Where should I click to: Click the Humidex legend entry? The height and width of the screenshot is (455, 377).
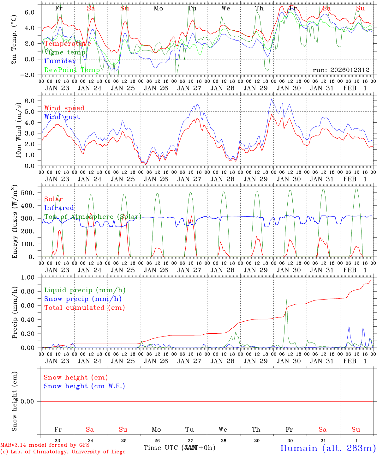coord(60,61)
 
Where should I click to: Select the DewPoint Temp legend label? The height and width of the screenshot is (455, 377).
coord(72,70)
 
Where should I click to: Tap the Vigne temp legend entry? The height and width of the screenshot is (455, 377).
coord(65,52)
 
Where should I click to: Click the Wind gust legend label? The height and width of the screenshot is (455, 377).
coord(62,117)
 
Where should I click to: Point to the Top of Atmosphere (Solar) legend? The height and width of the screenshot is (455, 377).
coord(93,217)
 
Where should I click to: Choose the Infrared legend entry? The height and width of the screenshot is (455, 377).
coord(59,208)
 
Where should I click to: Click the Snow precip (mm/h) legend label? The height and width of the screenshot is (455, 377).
coord(83,299)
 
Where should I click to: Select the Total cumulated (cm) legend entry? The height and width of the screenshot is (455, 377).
coord(84,308)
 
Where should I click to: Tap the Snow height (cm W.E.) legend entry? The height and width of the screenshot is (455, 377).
coord(84,386)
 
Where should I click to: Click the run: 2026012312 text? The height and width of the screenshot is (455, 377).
coord(341,70)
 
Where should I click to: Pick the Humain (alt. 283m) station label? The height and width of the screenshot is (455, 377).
coord(328,448)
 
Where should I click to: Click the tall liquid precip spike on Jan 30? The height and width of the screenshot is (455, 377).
coord(287,299)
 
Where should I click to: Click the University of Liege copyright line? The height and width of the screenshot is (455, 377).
coord(63,452)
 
